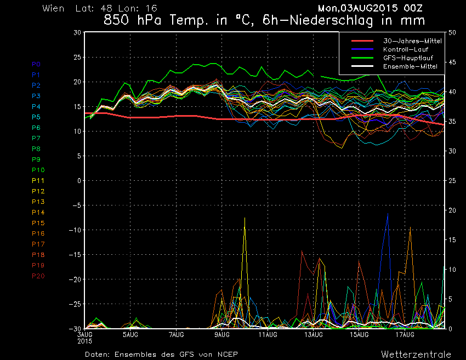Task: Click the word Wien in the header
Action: click(53, 9)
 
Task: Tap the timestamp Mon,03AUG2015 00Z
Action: click(370, 9)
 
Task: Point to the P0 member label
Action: click(36, 64)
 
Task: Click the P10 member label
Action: click(38, 170)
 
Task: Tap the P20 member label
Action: click(38, 276)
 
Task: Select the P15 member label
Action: click(38, 222)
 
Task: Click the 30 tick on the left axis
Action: click(77, 32)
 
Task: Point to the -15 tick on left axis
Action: click(75, 255)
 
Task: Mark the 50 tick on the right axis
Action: click(452, 32)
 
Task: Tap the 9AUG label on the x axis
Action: click(222, 334)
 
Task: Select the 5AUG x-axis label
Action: click(130, 334)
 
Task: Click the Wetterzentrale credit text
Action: click(416, 354)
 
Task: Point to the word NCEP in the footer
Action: click(226, 354)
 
